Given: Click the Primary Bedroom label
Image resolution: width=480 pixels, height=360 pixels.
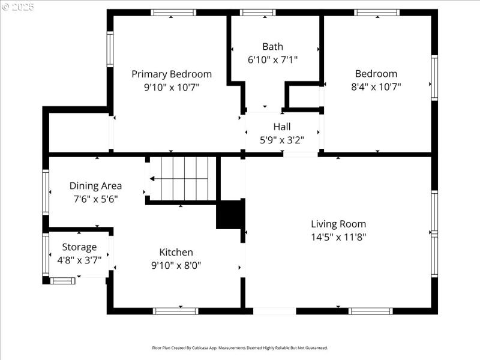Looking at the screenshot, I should (x=172, y=74).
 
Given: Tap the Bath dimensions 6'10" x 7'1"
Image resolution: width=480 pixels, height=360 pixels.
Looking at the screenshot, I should (x=272, y=59).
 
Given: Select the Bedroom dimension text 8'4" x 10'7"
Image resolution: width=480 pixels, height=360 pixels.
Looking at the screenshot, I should (x=376, y=86).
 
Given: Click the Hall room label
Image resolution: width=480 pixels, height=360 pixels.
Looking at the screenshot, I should (x=281, y=127).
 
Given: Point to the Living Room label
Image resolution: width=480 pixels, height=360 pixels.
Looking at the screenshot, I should (x=338, y=224).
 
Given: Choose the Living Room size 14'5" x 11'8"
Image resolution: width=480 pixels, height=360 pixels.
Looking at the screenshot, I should (x=338, y=236).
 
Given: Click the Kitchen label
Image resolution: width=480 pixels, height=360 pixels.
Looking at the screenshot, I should (x=176, y=252).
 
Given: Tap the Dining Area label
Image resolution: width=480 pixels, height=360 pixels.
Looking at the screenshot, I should (x=95, y=185).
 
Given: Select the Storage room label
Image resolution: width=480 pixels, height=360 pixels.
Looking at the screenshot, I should (x=79, y=247).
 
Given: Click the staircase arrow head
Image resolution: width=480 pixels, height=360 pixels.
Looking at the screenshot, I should (x=152, y=179).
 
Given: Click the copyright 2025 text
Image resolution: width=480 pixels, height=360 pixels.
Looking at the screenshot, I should (x=18, y=7).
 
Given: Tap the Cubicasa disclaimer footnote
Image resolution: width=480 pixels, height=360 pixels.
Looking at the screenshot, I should (x=239, y=347).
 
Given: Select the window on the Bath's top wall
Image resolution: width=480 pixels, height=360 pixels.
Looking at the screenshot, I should (x=257, y=12).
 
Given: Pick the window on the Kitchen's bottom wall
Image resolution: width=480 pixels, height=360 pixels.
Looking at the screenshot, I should (x=175, y=311).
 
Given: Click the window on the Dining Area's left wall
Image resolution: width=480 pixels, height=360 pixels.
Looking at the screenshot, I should (x=46, y=191).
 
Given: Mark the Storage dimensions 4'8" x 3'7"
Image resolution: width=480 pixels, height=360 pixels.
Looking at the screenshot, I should (x=79, y=260).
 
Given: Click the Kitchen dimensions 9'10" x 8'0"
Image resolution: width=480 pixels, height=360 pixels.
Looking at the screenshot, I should (x=176, y=265).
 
